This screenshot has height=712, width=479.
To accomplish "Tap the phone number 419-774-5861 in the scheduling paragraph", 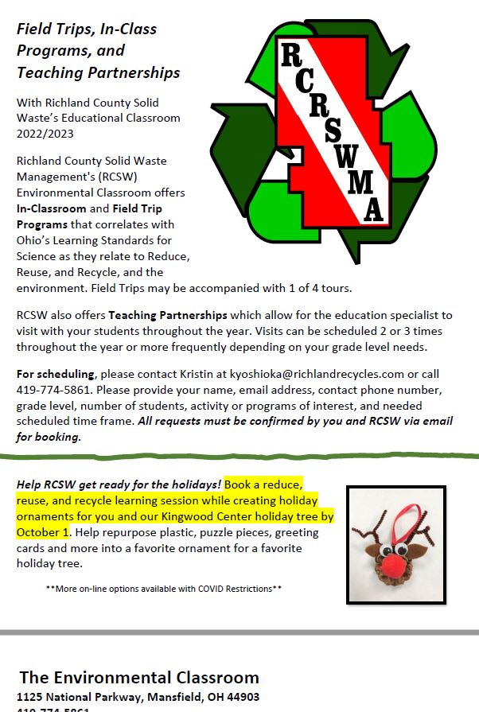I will click(x=48, y=389).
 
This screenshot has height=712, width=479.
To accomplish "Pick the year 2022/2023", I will click(x=45, y=134).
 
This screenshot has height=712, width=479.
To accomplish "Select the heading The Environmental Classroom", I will click(x=139, y=678).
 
